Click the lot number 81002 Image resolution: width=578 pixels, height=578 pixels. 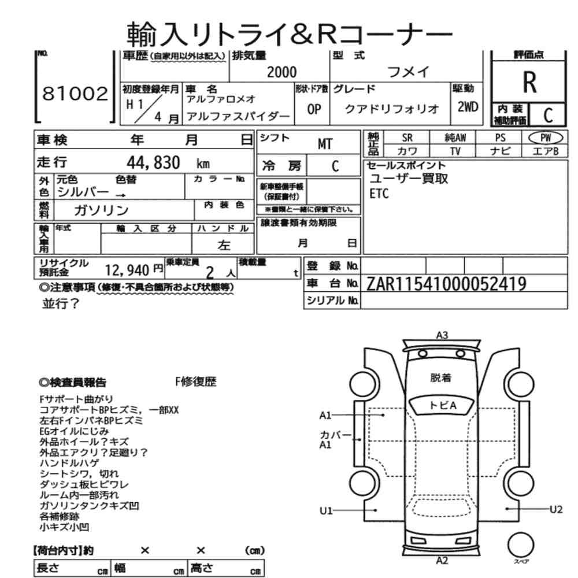point(75,93)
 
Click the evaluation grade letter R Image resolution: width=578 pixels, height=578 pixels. point(529,83)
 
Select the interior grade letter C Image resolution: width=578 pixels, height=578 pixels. point(548,116)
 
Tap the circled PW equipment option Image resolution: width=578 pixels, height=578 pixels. point(546,138)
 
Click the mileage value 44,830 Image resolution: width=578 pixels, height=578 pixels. point(153,162)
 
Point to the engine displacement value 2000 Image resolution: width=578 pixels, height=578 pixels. point(281,72)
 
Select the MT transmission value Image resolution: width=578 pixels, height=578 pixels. point(325,144)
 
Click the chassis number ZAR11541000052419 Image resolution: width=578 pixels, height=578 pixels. point(446,284)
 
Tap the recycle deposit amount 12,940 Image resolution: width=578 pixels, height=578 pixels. point(127,270)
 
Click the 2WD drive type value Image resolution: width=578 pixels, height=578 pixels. point(468,107)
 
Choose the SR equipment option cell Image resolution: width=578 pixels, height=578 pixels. point(407,138)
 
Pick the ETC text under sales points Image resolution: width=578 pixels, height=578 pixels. point(379,194)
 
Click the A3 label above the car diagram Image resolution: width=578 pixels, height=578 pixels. point(442,335)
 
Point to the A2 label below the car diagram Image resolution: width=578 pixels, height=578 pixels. point(442,561)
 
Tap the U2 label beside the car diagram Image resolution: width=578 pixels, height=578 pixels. point(556,509)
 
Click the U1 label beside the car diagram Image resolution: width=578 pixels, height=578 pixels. point(326,510)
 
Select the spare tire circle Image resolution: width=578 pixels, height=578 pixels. point(521,544)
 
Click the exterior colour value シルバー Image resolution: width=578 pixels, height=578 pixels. point(83,192)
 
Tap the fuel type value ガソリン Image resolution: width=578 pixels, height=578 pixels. point(101,210)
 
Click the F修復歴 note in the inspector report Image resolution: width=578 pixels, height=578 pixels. point(196,381)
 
